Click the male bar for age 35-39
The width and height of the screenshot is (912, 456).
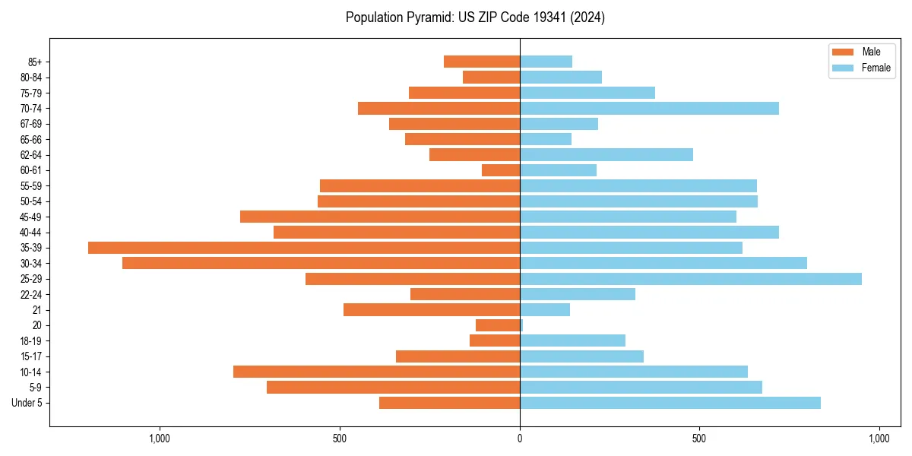point(304,248)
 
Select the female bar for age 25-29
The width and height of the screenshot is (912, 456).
point(690,279)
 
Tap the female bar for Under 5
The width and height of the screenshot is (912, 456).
point(670,403)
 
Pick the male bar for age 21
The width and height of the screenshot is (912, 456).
point(432,310)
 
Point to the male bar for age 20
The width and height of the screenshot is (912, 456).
point(498,325)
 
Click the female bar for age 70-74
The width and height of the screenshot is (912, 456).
point(649,109)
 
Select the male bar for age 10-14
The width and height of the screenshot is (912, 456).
point(376,372)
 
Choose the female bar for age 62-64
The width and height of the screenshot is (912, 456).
point(606,155)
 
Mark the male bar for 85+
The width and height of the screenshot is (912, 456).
point(482,62)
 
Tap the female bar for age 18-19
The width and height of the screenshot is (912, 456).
point(572,340)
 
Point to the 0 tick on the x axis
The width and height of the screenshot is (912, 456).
point(520,439)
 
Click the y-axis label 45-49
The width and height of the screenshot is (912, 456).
point(31,217)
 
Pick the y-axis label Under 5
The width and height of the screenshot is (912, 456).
point(27,403)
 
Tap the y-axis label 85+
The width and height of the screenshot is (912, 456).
point(34,62)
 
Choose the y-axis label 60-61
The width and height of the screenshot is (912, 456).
point(31,170)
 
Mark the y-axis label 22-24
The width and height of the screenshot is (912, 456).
point(31,295)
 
